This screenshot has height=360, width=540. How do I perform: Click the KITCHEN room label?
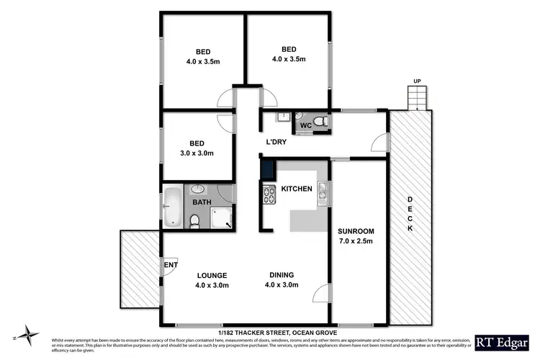pos(296,189)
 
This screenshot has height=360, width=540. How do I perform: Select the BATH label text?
pos(201,203)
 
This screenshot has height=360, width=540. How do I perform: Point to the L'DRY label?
pos(276,142)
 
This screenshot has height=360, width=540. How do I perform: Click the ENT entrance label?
pos(171,266)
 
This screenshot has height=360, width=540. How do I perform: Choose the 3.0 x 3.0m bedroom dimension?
pos(197,153)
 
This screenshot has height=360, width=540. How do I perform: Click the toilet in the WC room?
pos(322,122)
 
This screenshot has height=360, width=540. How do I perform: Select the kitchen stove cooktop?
pos(270,194)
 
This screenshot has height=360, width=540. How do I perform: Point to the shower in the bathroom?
pos(225,218)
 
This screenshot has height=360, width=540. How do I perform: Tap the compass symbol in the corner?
pos(27,333)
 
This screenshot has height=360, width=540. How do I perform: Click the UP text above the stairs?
pos(417,81)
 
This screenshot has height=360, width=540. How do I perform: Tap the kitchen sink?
pos(325,190)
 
